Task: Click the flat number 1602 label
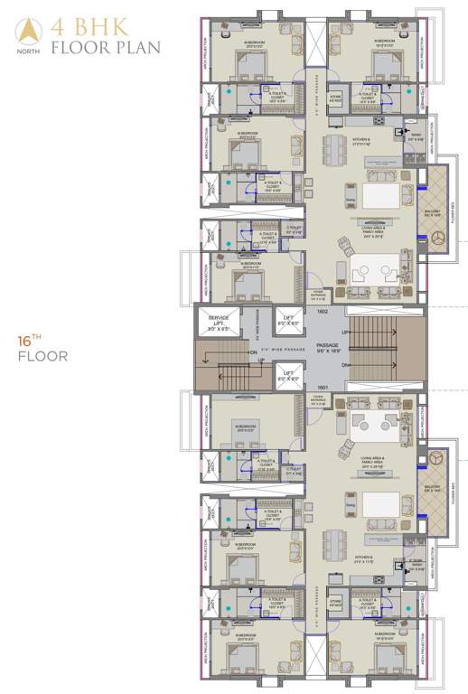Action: coord(321,312)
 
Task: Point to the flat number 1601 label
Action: coord(321,386)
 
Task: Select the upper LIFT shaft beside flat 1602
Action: coord(288,320)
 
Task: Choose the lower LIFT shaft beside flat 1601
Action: coord(288,375)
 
